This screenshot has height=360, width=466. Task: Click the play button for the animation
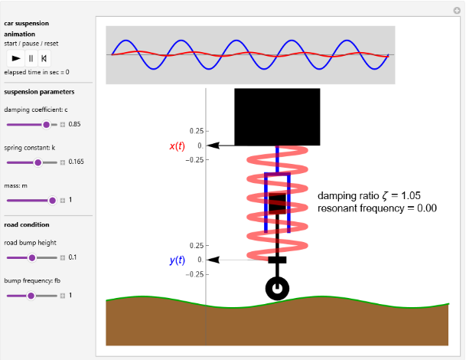click(16, 58)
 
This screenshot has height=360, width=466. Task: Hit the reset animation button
click(44, 58)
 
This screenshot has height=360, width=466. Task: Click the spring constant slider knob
click(37, 162)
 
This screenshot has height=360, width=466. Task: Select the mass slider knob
click(52, 201)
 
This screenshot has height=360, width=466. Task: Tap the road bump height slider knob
click(32, 257)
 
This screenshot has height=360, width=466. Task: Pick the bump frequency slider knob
click(31, 296)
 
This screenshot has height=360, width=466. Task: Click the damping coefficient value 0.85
click(74, 124)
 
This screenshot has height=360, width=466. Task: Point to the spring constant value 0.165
click(76, 162)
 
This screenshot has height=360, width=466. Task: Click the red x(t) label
click(177, 146)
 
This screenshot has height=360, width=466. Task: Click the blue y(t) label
click(177, 260)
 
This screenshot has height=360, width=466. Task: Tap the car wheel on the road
click(277, 289)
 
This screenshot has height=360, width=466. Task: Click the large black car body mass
click(277, 117)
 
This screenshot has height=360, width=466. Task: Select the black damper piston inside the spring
click(277, 204)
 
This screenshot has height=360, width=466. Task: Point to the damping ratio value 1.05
click(411, 195)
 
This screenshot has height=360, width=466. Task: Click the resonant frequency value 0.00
click(427, 208)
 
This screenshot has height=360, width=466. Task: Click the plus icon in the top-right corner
click(457, 11)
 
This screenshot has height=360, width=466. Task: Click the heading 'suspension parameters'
click(39, 92)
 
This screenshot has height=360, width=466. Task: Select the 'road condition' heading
click(27, 224)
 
